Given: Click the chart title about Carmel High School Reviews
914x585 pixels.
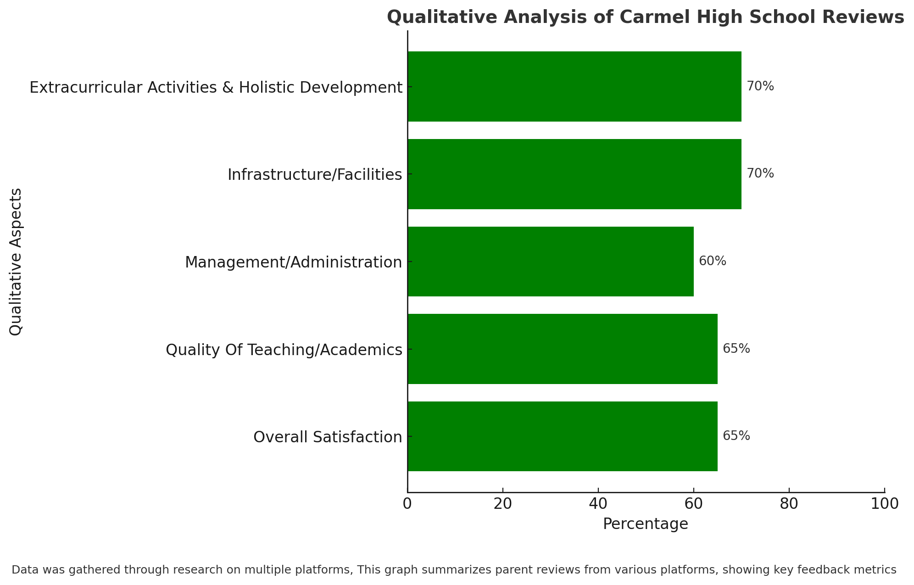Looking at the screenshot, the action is click(x=646, y=17).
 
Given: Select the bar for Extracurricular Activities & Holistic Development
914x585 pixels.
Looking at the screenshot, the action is click(x=574, y=86).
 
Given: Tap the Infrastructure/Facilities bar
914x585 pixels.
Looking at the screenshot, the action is click(x=574, y=174).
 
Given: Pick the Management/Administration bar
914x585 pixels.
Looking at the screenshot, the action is click(x=551, y=262).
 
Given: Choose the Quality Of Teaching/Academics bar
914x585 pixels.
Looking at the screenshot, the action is click(x=563, y=349).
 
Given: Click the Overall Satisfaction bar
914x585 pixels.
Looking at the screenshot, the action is click(x=563, y=436).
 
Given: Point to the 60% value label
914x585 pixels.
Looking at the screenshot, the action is click(x=713, y=261).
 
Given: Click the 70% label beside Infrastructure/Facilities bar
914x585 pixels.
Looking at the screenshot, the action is click(x=760, y=173).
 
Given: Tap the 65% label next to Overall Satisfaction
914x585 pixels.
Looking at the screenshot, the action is click(x=736, y=436).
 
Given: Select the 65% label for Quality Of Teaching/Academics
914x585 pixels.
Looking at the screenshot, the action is click(x=736, y=349).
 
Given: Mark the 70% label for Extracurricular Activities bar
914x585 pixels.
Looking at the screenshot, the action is click(x=760, y=86).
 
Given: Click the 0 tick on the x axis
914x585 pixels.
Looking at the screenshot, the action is click(x=407, y=504).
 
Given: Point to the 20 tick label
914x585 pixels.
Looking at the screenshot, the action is click(x=503, y=504).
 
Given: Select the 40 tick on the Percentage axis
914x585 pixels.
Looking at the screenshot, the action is click(x=598, y=504).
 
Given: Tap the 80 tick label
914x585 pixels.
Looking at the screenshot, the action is click(x=789, y=504).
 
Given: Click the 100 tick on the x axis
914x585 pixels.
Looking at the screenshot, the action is click(x=885, y=504).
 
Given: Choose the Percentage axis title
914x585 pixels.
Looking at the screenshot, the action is click(x=646, y=524).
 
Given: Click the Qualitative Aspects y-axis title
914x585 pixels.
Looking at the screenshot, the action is click(x=16, y=262).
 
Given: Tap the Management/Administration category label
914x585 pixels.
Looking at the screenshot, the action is click(x=294, y=262).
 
